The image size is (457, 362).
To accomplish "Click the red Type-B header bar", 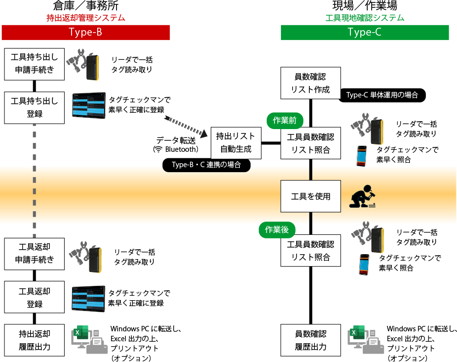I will (x=86, y=32).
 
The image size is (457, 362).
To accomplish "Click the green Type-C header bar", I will (x=365, y=32).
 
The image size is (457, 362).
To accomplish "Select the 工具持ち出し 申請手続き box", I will (x=35, y=64).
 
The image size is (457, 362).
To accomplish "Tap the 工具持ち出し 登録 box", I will (x=35, y=107).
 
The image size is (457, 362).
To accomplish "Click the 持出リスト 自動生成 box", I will (x=236, y=142).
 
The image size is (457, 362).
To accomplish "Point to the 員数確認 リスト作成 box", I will (x=310, y=84).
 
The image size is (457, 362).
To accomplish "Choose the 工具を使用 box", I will (x=310, y=196).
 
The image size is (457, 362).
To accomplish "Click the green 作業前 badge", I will (x=285, y=121).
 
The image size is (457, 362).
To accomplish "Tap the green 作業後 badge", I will (x=277, y=229).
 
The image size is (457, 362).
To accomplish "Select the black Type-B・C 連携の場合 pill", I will (x=206, y=165).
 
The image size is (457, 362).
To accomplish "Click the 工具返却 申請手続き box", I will (x=35, y=253).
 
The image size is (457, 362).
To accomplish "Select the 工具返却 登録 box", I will (x=35, y=297).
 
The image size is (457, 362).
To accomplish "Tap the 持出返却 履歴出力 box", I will (x=35, y=340).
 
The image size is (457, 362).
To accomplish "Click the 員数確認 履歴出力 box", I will (x=310, y=340).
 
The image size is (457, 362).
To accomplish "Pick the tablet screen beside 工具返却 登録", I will (x=88, y=298).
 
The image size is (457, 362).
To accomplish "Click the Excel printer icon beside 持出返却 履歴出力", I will (x=92, y=340).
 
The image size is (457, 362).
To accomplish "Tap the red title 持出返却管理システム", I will (x=86, y=18).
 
